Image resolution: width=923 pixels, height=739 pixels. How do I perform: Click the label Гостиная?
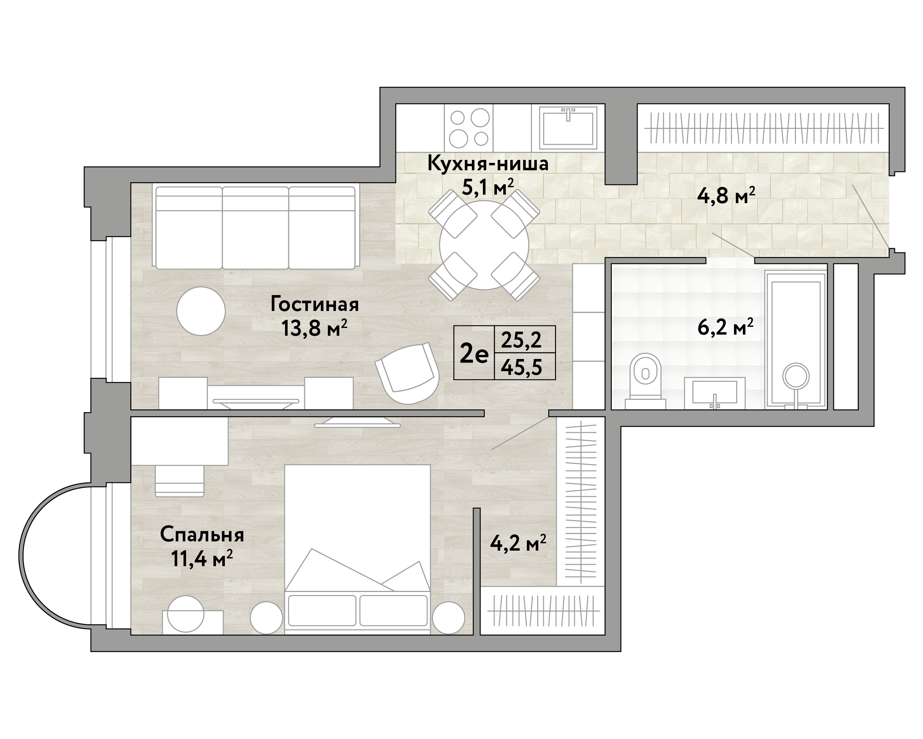point(315,304)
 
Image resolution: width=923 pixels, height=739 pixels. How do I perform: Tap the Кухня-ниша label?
point(488,164)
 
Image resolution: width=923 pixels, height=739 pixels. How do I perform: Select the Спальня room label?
point(202,535)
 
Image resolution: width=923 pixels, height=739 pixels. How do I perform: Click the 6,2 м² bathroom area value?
point(725,328)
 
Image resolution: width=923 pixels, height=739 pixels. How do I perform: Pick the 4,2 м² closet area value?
point(518,544)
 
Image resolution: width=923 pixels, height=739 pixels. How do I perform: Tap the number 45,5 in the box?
point(521,367)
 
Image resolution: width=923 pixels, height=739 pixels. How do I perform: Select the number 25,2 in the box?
point(521,341)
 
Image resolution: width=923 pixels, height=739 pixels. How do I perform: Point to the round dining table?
point(484,245)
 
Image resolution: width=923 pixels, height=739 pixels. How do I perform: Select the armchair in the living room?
point(407,373)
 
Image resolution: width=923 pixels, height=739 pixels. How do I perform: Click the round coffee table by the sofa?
point(201,311)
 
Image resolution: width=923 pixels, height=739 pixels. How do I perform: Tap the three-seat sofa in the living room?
point(255,228)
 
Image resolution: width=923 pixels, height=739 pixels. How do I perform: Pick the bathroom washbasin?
point(715,393)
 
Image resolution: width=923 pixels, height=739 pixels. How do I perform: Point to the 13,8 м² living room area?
point(314,328)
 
